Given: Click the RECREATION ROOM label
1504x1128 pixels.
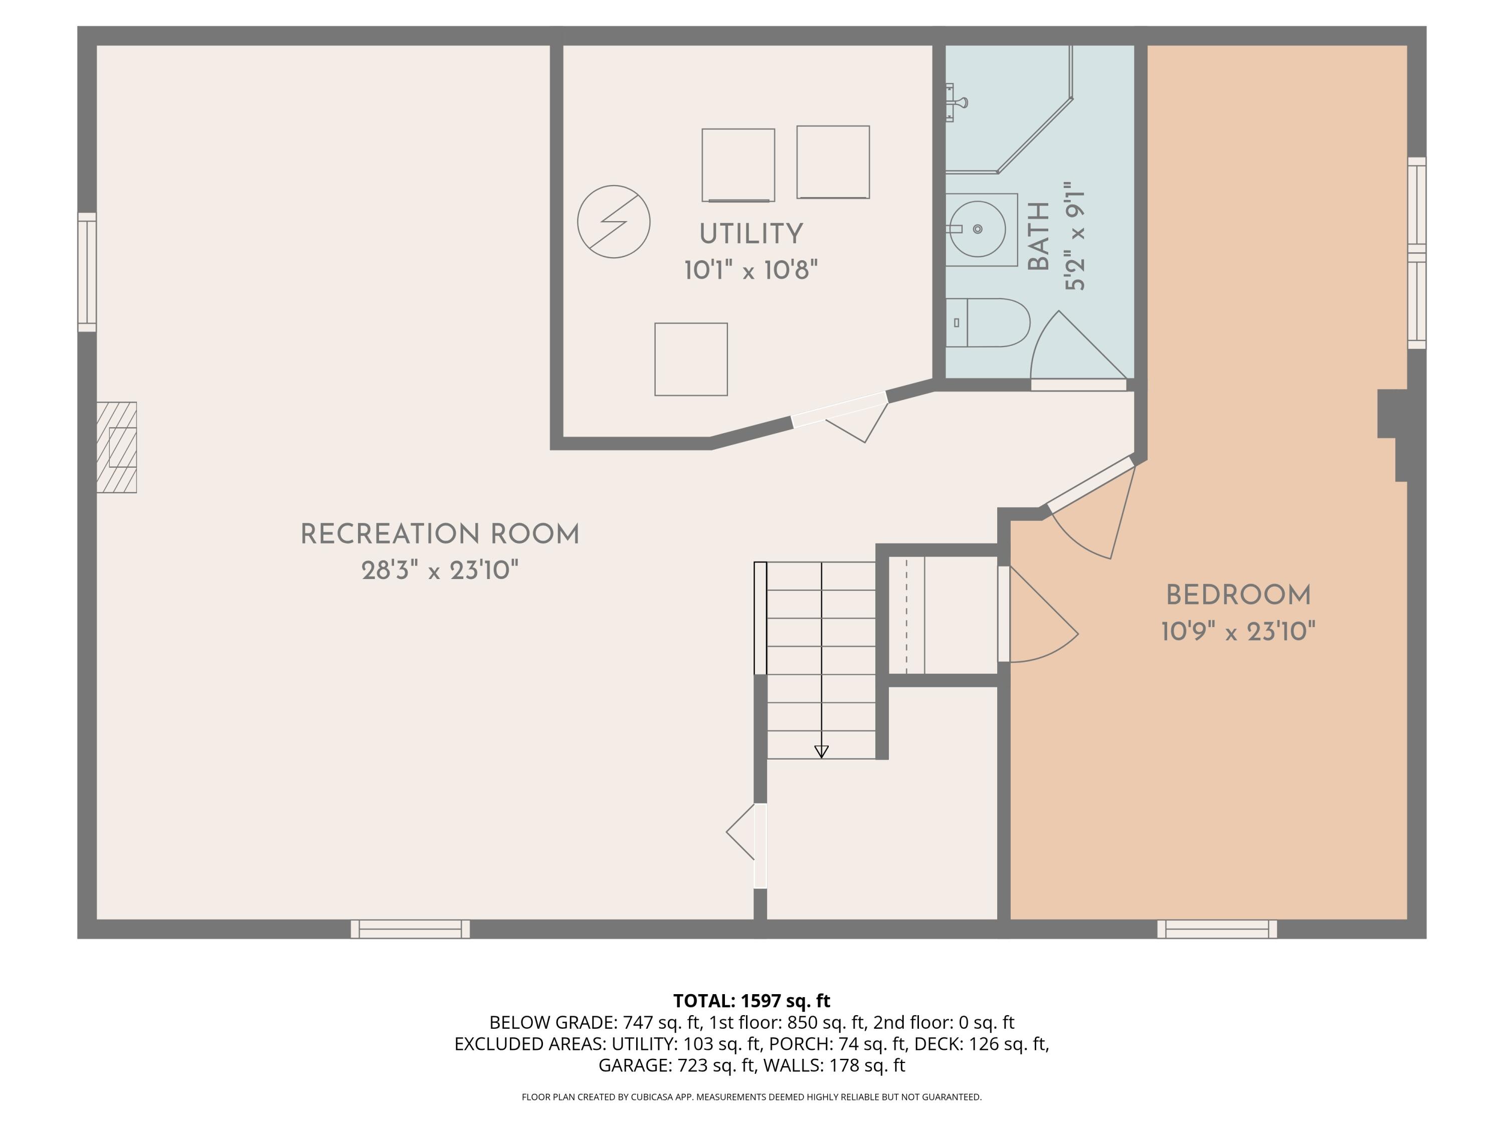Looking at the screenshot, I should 440,534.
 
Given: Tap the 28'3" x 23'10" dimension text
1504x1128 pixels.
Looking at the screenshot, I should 440,571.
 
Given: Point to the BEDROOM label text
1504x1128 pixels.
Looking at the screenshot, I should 1238,596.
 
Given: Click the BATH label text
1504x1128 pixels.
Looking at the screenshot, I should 1038,236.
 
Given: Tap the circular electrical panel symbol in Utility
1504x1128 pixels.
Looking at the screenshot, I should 613,222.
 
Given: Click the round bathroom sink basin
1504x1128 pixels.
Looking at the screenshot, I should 978,229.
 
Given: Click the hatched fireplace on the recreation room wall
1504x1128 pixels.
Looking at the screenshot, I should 116,447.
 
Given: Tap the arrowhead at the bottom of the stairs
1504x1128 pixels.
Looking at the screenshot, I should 821,751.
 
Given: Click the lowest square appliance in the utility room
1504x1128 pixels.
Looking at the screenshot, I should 691,359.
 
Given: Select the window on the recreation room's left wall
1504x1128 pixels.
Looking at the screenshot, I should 87,272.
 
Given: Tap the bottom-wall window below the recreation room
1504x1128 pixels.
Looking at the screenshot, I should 410,929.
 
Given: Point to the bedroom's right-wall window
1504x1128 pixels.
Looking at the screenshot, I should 1416,253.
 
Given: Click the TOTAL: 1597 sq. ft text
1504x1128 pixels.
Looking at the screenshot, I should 751,1001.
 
